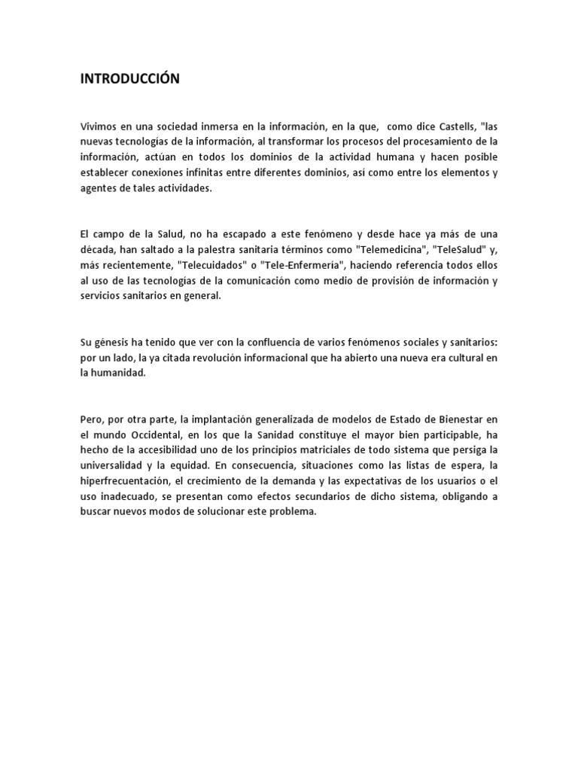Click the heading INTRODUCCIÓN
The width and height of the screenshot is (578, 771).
click(x=130, y=79)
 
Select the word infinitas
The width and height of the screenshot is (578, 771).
click(x=226, y=173)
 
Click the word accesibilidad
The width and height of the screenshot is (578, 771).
click(x=170, y=450)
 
